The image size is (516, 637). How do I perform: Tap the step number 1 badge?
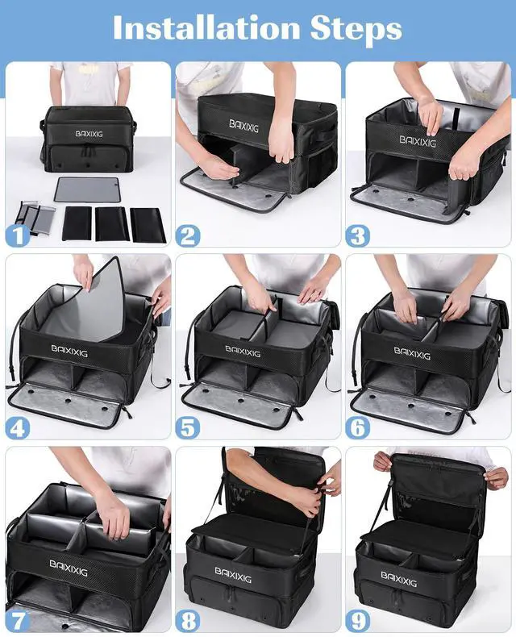(x=18, y=235)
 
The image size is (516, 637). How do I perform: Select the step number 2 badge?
(x=187, y=236)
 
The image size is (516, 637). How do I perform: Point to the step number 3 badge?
(x=357, y=236)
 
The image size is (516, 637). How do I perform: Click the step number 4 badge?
(x=18, y=428)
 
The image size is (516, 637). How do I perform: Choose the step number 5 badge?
(x=187, y=428)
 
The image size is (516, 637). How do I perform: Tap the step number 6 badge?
(x=357, y=428)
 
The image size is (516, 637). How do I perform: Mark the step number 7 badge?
(x=18, y=620)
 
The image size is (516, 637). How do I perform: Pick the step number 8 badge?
(x=187, y=620)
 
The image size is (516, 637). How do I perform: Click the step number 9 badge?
(x=357, y=620)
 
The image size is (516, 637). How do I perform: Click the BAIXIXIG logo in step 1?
(x=89, y=134)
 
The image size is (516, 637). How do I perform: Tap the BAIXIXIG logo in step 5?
(x=243, y=352)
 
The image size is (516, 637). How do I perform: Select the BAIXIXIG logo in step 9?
(x=398, y=578)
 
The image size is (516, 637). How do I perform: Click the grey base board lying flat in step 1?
(x=87, y=189)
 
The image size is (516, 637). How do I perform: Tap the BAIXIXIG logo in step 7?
(x=69, y=568)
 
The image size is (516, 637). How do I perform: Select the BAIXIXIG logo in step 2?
(x=243, y=126)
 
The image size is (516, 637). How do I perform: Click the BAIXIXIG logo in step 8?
(x=233, y=575)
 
